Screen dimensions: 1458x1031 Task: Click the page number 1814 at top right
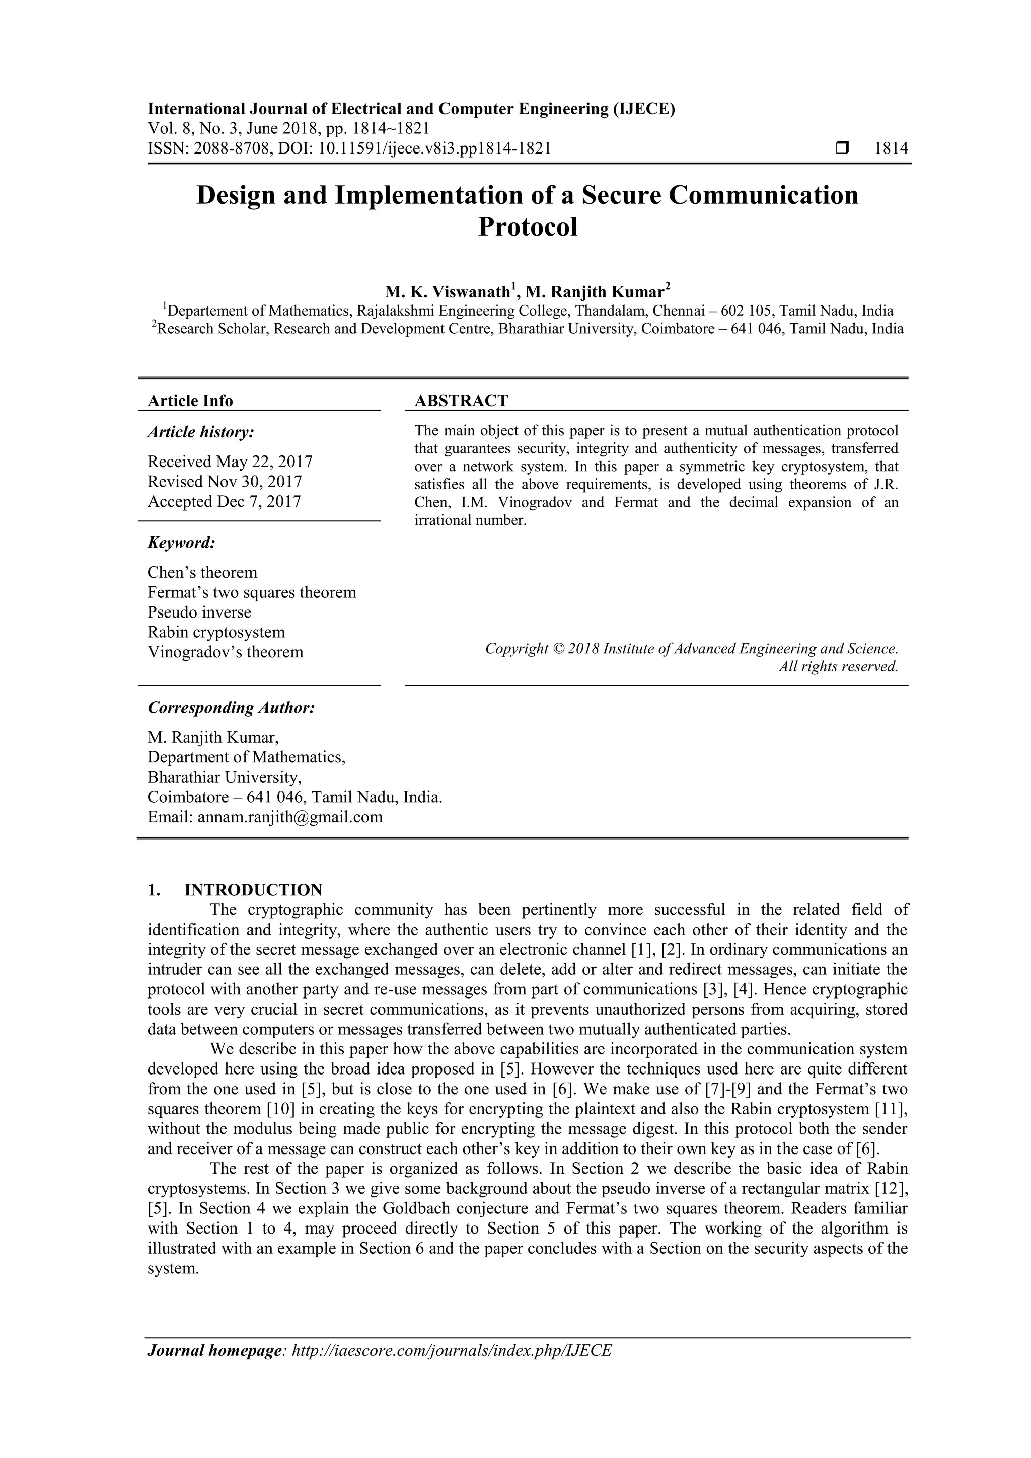pos(891,148)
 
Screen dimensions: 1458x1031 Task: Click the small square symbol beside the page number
pos(842,148)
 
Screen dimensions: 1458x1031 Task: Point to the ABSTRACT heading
pos(461,401)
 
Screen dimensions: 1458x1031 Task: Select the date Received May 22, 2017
pos(230,462)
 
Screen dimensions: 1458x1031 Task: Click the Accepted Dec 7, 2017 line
pos(224,502)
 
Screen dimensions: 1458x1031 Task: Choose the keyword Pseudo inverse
pos(199,612)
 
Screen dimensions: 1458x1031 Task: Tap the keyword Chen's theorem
pos(202,573)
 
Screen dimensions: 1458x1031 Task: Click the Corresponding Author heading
pos(231,708)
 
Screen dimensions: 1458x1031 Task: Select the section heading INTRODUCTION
pos(253,890)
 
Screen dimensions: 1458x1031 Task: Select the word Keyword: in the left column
pos(182,543)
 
